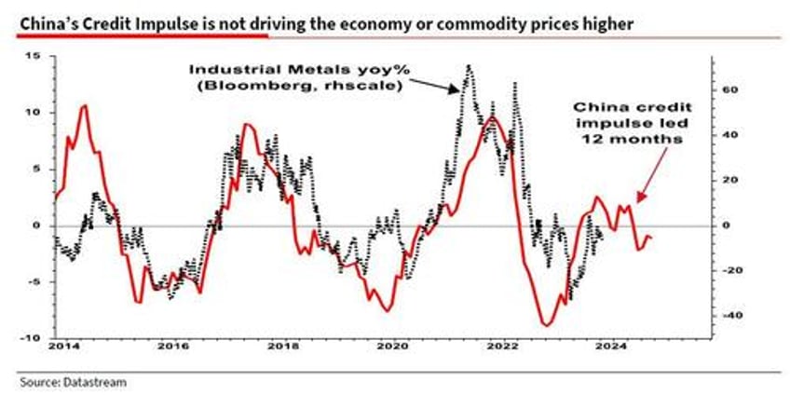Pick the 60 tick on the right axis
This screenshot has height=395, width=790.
coord(729,90)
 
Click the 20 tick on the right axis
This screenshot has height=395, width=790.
coord(729,181)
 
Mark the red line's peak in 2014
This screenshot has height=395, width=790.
coord(85,105)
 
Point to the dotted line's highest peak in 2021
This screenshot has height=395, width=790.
coord(468,65)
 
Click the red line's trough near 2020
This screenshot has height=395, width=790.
coord(386,310)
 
